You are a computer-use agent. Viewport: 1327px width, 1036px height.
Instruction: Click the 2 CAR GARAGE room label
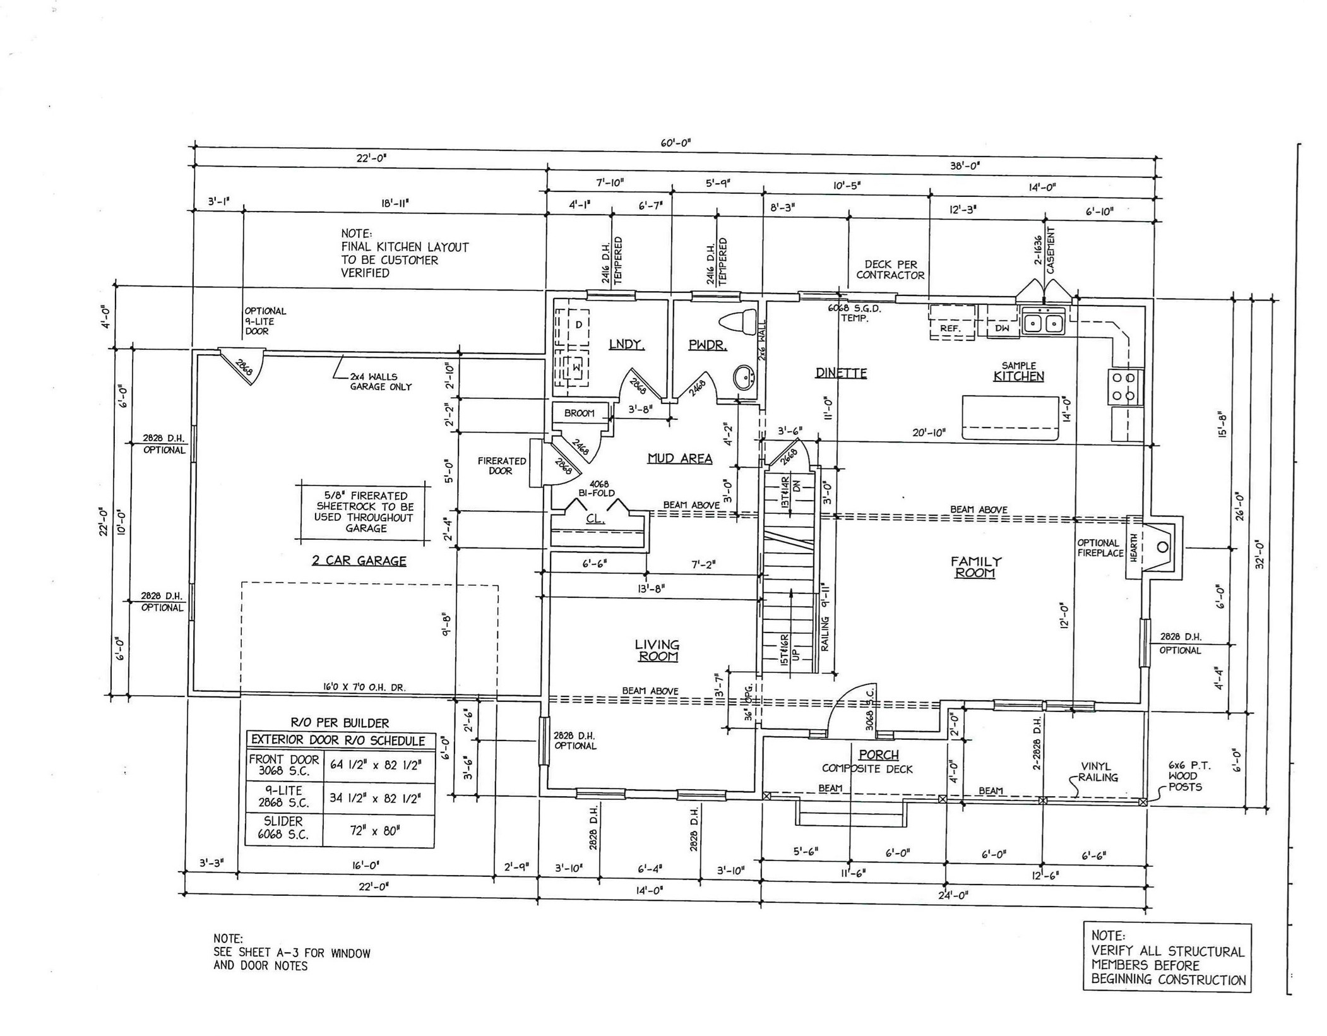click(x=359, y=561)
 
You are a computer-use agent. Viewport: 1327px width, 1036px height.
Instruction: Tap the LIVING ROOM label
click(x=657, y=650)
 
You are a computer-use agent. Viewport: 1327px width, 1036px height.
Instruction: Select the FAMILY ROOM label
click(x=975, y=567)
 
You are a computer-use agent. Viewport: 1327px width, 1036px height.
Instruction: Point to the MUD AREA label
click(x=680, y=459)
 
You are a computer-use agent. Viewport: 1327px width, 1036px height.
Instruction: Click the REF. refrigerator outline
click(x=951, y=323)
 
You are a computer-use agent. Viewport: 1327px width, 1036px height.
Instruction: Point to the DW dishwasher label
click(x=1002, y=328)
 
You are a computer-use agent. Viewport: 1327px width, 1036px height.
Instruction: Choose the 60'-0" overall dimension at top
click(x=675, y=143)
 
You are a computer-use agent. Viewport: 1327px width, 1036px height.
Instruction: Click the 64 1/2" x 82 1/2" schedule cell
click(x=376, y=765)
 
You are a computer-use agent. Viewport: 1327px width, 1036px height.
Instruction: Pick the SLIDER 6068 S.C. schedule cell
click(x=283, y=828)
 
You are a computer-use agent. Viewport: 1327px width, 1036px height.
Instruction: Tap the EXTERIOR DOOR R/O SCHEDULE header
click(x=338, y=741)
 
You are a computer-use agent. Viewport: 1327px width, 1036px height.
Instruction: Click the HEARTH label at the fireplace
click(x=1134, y=547)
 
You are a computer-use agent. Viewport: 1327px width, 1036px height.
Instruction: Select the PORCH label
click(x=878, y=754)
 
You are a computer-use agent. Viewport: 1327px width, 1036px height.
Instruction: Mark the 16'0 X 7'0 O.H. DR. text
click(x=364, y=688)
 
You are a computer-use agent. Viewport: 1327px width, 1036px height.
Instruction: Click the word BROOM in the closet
click(x=580, y=414)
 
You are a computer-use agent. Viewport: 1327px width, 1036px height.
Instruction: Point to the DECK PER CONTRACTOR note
click(x=890, y=270)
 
